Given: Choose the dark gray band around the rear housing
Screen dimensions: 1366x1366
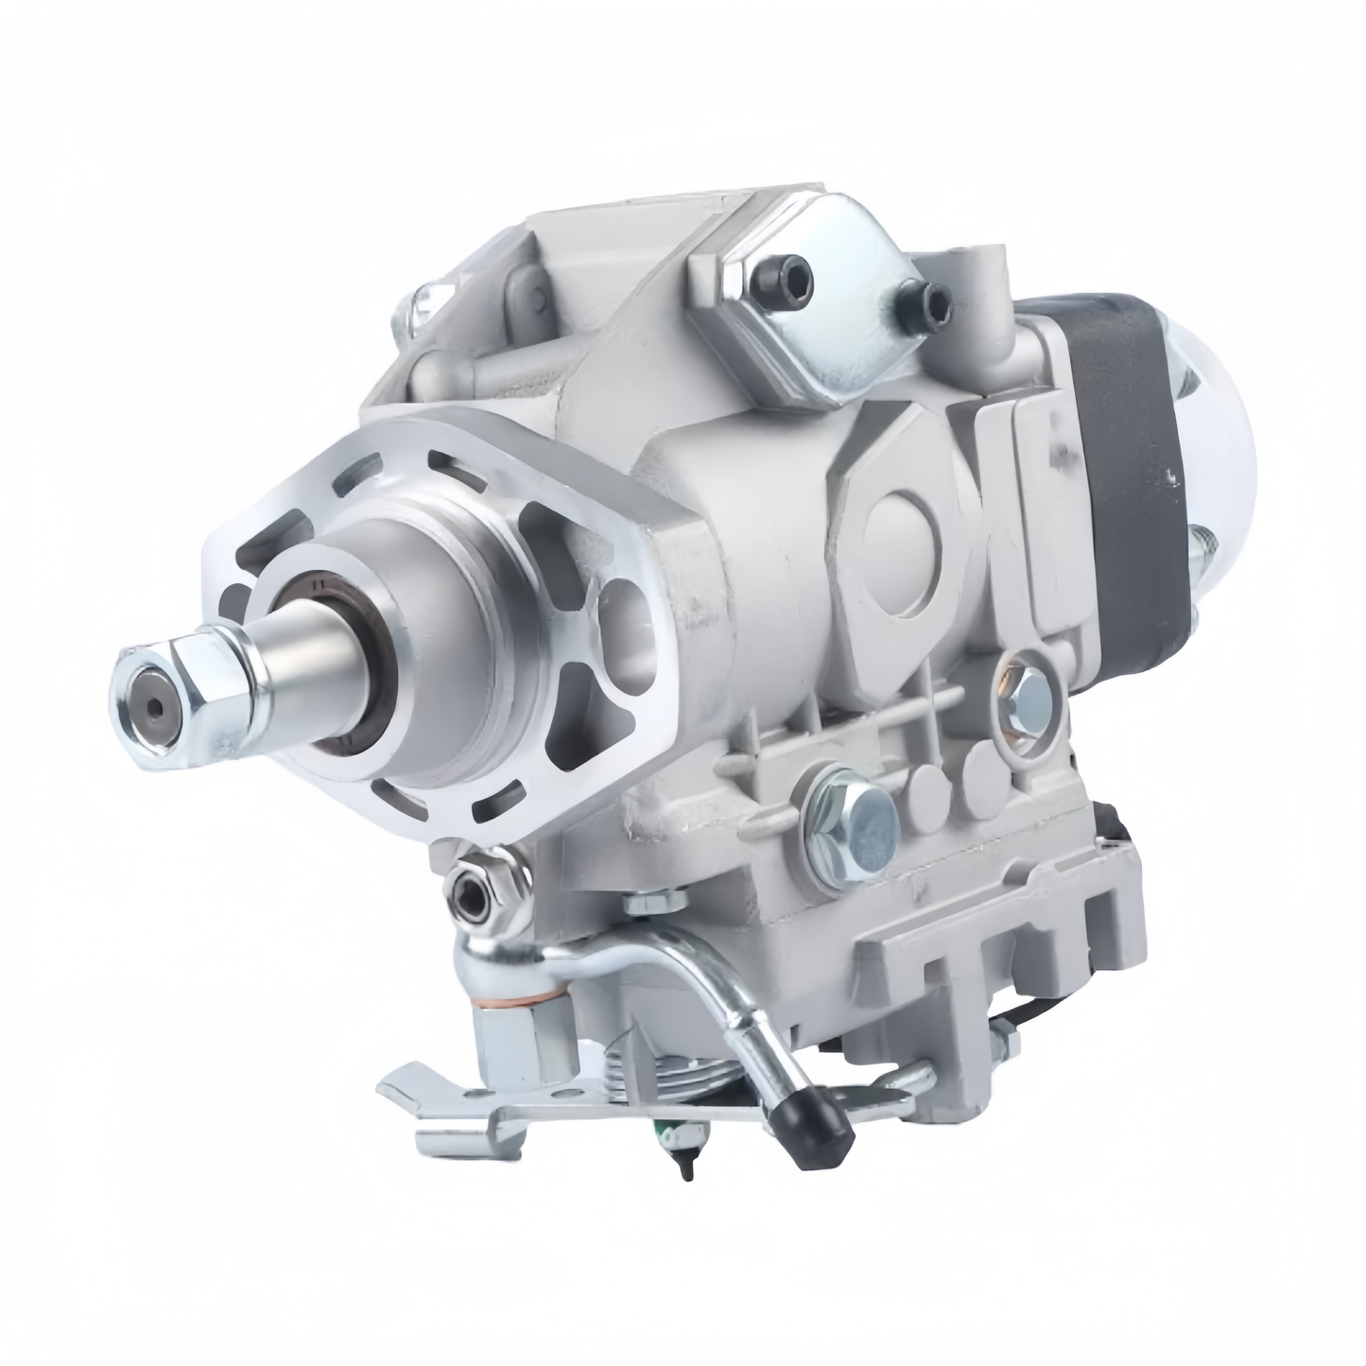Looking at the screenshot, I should tap(1134, 473).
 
